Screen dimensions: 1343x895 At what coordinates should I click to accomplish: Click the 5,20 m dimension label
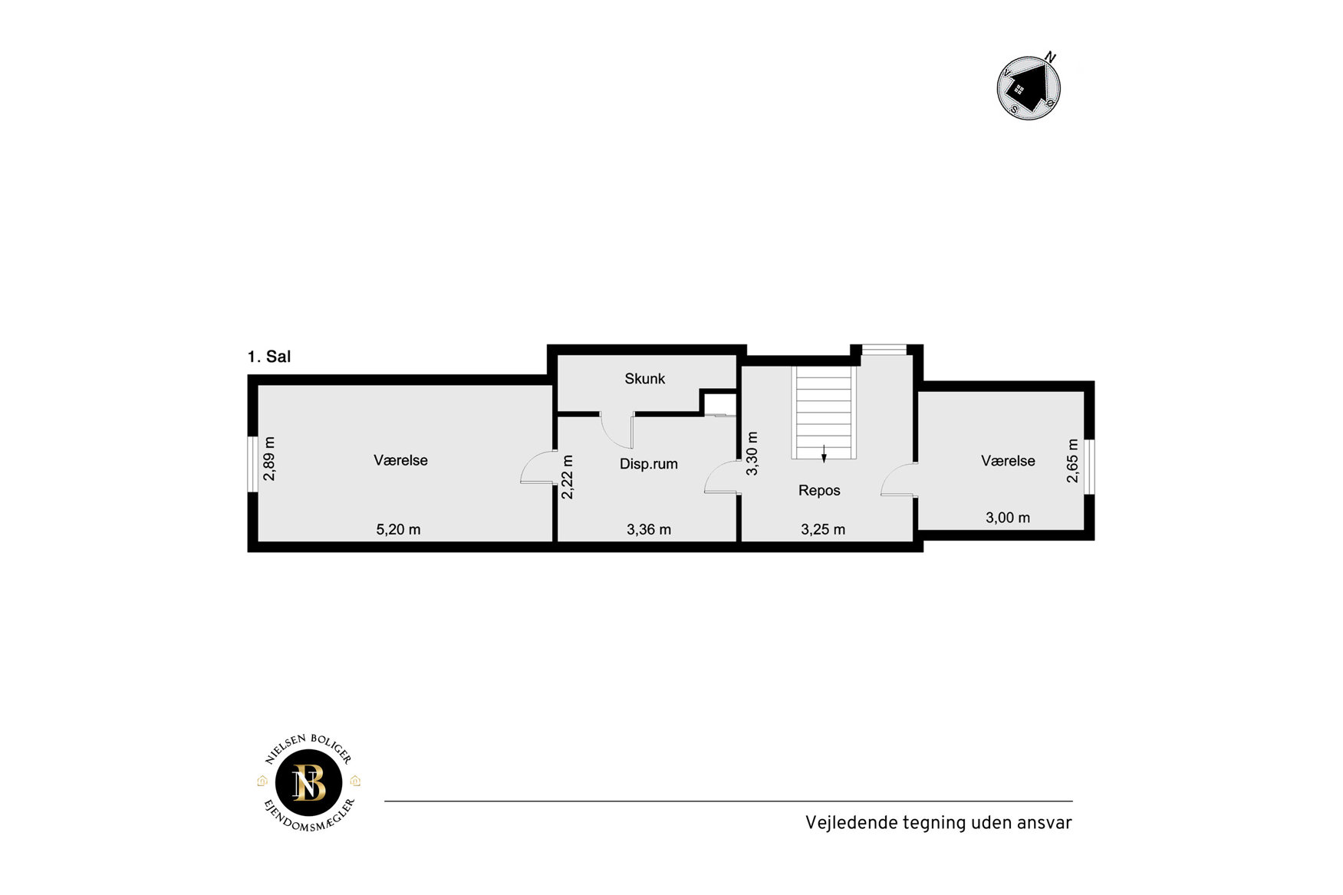[398, 529]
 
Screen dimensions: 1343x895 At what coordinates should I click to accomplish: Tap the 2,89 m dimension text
[269, 459]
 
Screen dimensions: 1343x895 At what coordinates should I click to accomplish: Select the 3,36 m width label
[649, 529]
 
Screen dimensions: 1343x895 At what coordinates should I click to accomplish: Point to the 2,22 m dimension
[568, 477]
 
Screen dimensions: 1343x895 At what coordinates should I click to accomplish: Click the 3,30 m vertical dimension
[752, 453]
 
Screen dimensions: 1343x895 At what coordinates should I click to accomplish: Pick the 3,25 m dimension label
[823, 529]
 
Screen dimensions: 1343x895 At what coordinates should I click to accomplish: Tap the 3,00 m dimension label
[1008, 518]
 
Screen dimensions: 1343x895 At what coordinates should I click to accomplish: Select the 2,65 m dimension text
[1072, 461]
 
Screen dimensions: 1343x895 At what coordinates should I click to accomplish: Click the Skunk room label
[644, 379]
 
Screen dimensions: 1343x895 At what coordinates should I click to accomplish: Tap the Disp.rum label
[649, 464]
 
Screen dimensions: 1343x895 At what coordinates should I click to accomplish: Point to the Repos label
[819, 491]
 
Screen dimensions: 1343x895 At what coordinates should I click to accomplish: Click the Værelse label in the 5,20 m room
[400, 460]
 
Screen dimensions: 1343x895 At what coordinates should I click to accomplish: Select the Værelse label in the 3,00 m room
[1008, 461]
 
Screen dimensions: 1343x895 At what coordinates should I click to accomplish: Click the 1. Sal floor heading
[269, 357]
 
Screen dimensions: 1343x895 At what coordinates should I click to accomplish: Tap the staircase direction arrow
[824, 453]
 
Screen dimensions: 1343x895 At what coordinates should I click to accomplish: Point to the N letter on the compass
[1051, 57]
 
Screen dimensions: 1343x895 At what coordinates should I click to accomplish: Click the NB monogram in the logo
[309, 783]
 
